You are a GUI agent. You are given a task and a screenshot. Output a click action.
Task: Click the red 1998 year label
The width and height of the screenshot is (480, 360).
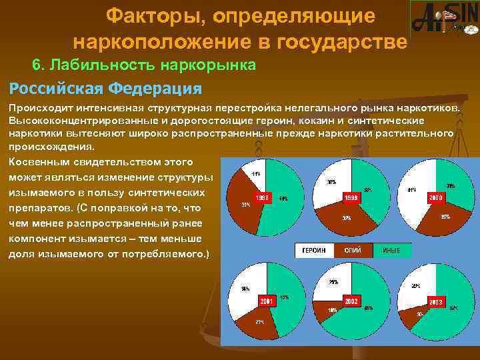(x=263, y=197)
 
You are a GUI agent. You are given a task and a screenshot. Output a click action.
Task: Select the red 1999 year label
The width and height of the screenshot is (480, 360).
(x=351, y=198)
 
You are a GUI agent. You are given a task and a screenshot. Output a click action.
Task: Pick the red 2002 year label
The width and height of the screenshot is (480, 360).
(x=351, y=301)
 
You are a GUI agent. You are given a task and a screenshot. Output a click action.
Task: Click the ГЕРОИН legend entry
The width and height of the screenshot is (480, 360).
(x=314, y=250)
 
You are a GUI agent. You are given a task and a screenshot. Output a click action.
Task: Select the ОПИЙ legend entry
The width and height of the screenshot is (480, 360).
(x=353, y=250)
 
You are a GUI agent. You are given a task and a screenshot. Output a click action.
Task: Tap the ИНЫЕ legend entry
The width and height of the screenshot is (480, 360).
(x=391, y=250)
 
